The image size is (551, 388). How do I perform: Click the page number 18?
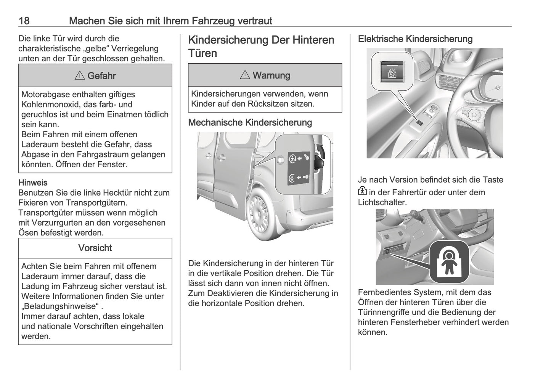click(x=24, y=21)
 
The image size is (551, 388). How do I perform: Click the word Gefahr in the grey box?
click(x=101, y=76)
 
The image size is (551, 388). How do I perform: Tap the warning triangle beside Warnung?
click(x=245, y=75)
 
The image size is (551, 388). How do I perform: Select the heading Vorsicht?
click(x=95, y=248)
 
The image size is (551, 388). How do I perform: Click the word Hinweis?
click(x=33, y=183)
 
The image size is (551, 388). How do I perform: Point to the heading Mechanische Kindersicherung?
click(x=250, y=123)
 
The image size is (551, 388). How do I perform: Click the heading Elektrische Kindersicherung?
click(x=415, y=39)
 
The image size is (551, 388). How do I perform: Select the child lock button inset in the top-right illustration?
click(x=392, y=70)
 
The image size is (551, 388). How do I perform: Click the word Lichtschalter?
click(x=382, y=202)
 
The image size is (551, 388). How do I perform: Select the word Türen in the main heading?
click(x=202, y=53)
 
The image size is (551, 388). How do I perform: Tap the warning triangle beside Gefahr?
click(x=80, y=76)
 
